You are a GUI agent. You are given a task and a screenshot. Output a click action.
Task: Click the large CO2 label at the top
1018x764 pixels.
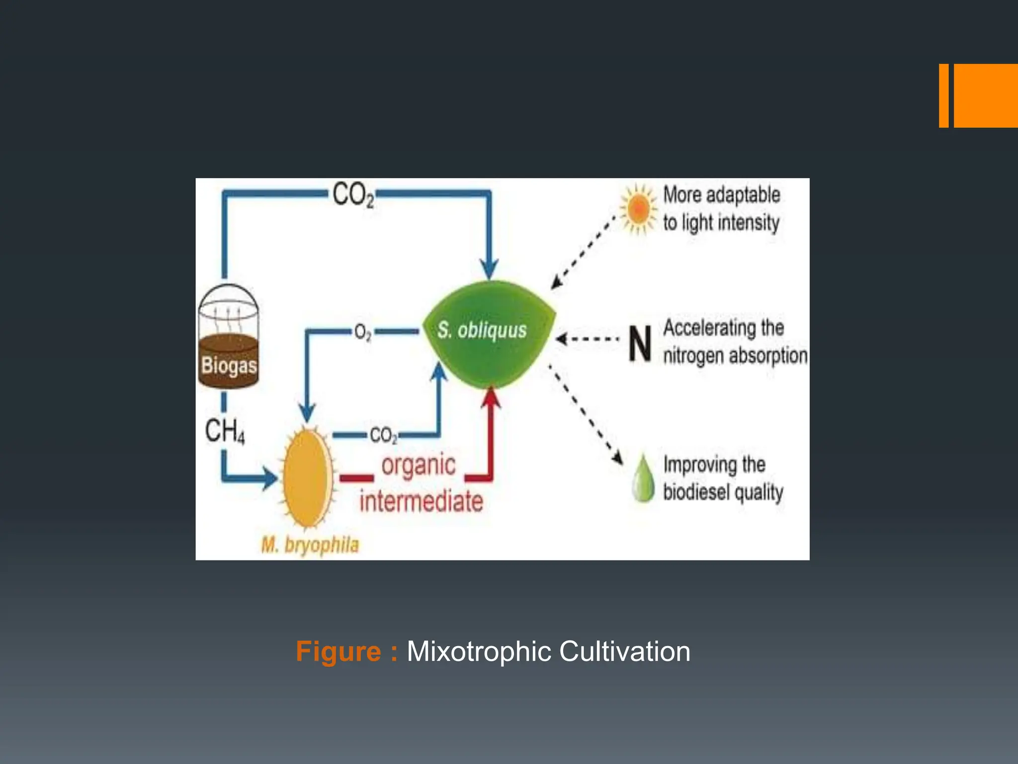tap(353, 194)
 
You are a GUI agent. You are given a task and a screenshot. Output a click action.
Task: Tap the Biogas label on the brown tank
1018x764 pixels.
tap(229, 366)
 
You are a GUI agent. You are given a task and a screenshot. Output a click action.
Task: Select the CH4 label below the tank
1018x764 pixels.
tap(225, 431)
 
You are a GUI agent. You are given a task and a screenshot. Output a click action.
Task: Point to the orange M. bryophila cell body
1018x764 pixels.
tap(308, 477)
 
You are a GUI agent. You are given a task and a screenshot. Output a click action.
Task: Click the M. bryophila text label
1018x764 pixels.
tap(310, 545)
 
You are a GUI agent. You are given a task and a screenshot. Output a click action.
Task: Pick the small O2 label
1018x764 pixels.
tap(363, 332)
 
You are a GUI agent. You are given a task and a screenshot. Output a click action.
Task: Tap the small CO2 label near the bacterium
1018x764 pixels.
tap(383, 436)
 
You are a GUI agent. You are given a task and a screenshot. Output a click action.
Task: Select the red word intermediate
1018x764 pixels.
tap(422, 501)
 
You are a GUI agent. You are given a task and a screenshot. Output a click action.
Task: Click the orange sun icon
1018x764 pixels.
tap(639, 209)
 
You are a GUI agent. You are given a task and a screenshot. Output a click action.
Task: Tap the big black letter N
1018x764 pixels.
tap(640, 344)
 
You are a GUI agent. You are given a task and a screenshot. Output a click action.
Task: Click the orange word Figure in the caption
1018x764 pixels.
tap(338, 652)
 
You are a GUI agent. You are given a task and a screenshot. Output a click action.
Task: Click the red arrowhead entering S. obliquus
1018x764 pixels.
tap(492, 398)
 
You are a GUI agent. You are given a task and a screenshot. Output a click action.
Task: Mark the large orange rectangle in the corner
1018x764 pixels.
tap(985, 95)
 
